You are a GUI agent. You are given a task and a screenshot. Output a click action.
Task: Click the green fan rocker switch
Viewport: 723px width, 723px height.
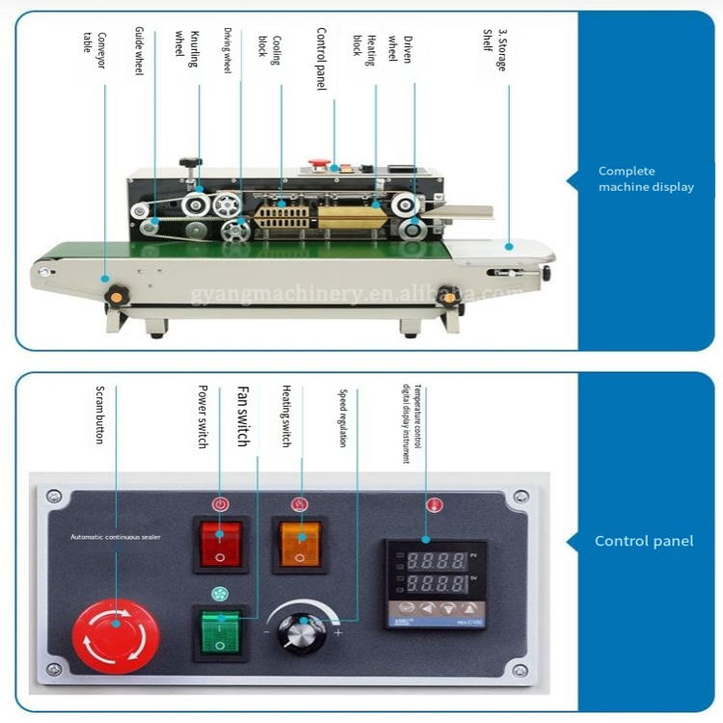coord(221,631)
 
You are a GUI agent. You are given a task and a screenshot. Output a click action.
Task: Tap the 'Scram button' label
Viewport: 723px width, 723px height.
coord(99,415)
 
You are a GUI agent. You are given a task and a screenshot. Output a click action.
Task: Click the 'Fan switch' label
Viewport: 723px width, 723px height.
coord(242,415)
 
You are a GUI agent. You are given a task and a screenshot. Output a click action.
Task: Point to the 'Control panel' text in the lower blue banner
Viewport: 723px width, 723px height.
coord(643,541)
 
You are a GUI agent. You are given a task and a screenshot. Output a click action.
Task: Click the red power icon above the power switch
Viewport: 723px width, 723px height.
coord(221,504)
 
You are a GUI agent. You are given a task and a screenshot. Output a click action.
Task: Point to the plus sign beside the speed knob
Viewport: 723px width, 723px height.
coord(337,633)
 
